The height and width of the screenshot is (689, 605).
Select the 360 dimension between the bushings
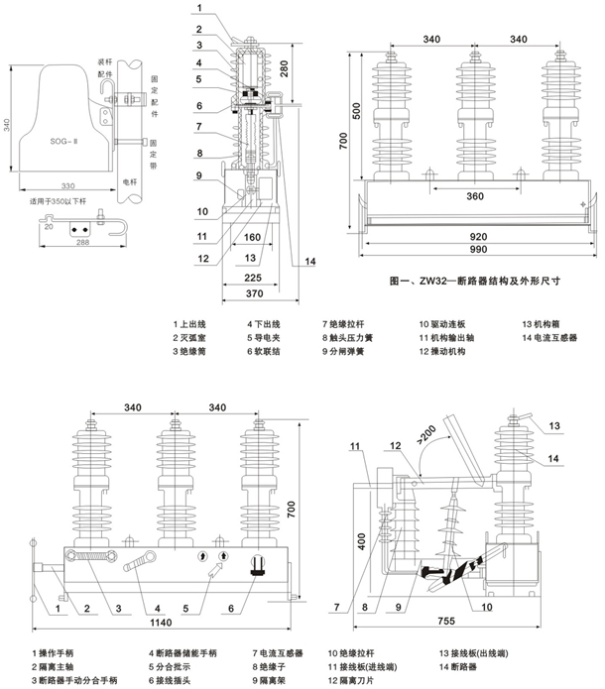[475, 197]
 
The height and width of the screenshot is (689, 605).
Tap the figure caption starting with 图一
[476, 281]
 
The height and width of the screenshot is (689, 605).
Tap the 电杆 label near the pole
[129, 182]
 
